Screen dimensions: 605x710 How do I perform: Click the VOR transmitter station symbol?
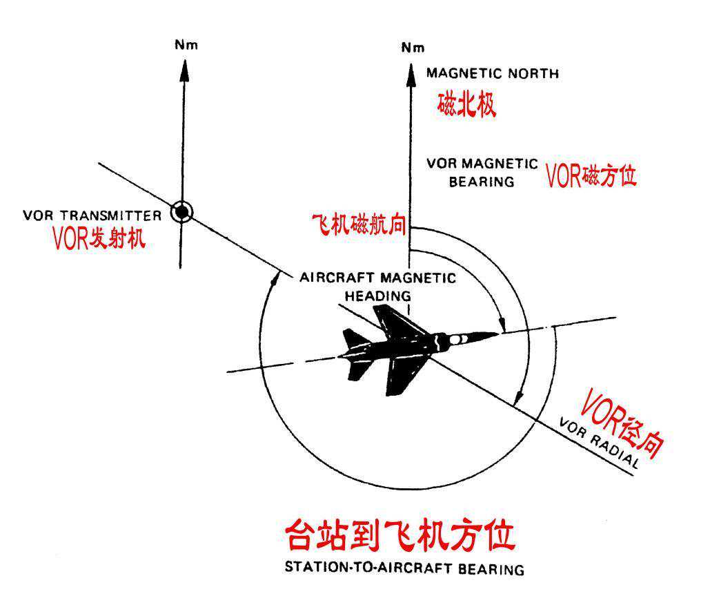pyautogui.click(x=181, y=213)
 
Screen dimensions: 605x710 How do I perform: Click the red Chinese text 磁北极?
pyautogui.click(x=467, y=105)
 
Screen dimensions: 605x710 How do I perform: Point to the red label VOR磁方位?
pyautogui.click(x=591, y=176)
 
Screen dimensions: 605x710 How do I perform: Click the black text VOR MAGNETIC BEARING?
pyautogui.click(x=482, y=173)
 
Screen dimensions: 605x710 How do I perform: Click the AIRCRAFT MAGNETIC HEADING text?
pyautogui.click(x=377, y=286)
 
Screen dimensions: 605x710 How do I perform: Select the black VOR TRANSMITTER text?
pyautogui.click(x=92, y=214)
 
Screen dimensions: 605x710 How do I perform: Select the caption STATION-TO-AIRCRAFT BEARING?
pyautogui.click(x=404, y=570)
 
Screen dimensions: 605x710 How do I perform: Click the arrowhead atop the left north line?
pyautogui.click(x=184, y=66)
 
